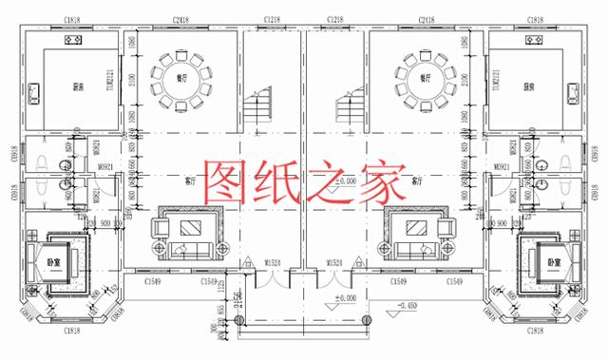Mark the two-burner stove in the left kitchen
click(70, 42)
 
